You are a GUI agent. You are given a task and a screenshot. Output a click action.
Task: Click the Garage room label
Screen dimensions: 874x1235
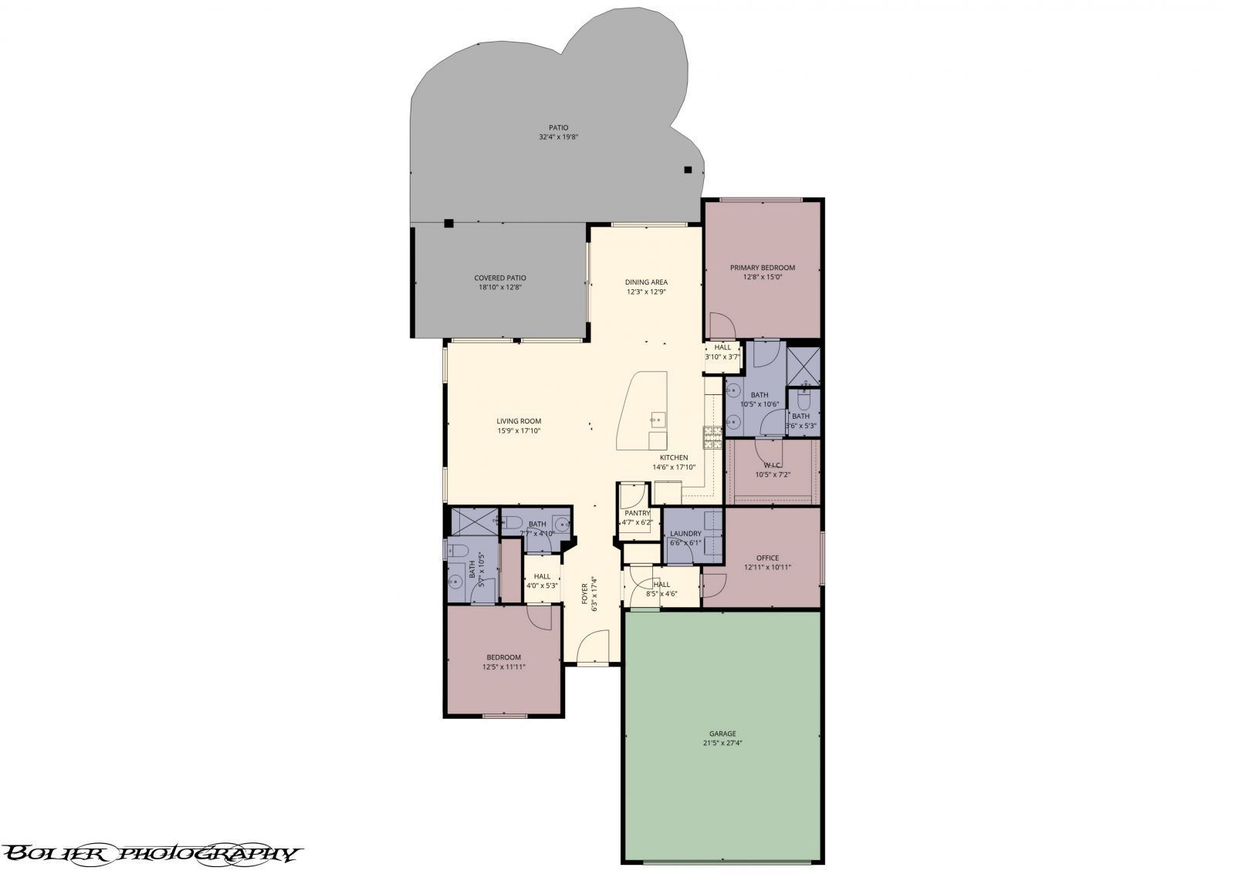click(x=722, y=734)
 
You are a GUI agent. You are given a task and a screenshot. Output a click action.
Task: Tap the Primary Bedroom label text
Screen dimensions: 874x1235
click(x=762, y=268)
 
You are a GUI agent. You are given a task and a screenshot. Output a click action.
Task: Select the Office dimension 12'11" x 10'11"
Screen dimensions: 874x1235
click(x=767, y=567)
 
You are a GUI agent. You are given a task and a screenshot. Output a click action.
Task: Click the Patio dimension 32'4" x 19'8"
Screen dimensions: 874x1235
click(x=558, y=137)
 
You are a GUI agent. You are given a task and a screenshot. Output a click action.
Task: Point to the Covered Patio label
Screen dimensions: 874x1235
click(x=500, y=278)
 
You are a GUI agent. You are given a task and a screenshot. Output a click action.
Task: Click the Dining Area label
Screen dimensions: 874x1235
click(x=646, y=282)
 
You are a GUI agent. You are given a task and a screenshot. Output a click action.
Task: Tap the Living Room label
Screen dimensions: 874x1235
click(x=519, y=421)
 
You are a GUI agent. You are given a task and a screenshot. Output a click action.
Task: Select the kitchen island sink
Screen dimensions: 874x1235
click(x=658, y=420)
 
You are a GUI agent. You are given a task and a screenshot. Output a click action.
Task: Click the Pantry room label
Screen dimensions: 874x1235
click(x=637, y=513)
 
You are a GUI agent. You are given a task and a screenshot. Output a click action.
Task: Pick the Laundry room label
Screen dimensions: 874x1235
click(x=685, y=533)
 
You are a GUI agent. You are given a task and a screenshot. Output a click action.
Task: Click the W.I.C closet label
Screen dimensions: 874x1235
click(x=773, y=465)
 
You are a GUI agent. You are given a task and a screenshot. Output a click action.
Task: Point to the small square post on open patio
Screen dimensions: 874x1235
click(x=687, y=170)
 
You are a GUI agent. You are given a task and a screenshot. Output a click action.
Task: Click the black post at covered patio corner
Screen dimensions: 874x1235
click(x=448, y=224)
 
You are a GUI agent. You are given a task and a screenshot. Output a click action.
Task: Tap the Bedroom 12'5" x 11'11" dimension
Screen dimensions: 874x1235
click(x=503, y=666)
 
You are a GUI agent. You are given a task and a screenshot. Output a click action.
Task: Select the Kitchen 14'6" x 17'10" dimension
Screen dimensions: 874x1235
click(x=674, y=467)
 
